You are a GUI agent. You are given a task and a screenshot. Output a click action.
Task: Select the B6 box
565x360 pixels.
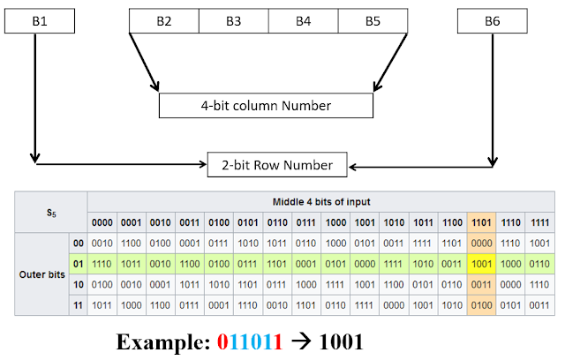[493, 20]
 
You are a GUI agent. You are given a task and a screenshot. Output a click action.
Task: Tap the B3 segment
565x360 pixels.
[233, 20]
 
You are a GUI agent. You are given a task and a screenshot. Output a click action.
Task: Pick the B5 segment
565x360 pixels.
[373, 20]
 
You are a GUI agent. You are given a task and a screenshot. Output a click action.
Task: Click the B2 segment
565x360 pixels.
[163, 20]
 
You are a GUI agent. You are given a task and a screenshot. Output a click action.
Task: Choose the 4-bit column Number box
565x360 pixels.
[266, 106]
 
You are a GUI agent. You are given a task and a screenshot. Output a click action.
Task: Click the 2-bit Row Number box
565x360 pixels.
[277, 164]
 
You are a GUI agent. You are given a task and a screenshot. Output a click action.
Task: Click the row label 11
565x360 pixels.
[78, 305]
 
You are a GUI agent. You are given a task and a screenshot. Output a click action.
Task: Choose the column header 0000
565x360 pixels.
[102, 221]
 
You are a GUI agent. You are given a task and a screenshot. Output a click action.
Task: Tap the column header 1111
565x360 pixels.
[538, 221]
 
